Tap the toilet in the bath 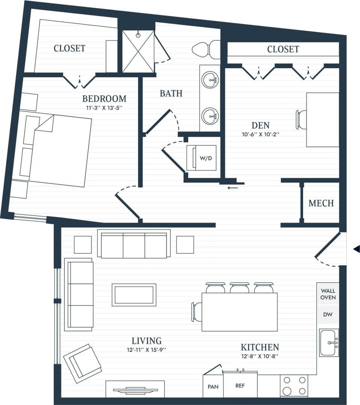tap(205, 49)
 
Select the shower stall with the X tap(138, 51)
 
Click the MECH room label tap(321, 203)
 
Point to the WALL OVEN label tap(328, 294)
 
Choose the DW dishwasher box tap(328, 315)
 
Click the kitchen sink tap(329, 342)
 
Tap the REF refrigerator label tap(240, 386)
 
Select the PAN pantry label tap(213, 386)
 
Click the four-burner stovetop tap(294, 386)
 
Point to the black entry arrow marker tap(357, 248)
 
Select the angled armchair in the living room tap(83, 363)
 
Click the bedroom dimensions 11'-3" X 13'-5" tap(104, 108)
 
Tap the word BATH tap(171, 93)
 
